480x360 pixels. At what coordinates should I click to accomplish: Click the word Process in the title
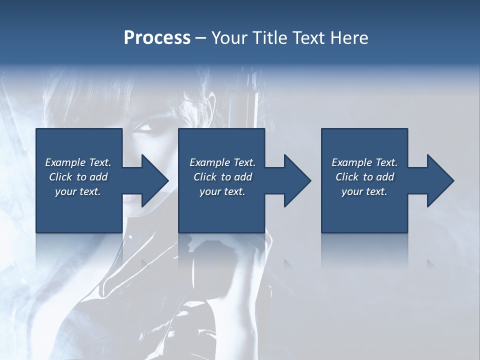[x=157, y=38]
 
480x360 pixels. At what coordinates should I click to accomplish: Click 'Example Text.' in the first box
[x=78, y=162]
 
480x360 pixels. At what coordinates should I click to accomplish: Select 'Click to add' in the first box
[x=78, y=177]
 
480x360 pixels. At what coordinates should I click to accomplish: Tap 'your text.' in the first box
[x=78, y=191]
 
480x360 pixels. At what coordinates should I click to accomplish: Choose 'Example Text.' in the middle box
[x=222, y=162]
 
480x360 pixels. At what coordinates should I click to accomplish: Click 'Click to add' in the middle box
[x=222, y=177]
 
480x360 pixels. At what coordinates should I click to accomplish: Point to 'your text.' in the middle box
[x=222, y=191]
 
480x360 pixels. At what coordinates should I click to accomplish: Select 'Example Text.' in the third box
[x=364, y=162]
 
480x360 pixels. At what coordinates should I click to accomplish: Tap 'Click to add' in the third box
[x=364, y=177]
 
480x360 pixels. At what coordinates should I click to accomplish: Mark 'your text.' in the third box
[x=364, y=191]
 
